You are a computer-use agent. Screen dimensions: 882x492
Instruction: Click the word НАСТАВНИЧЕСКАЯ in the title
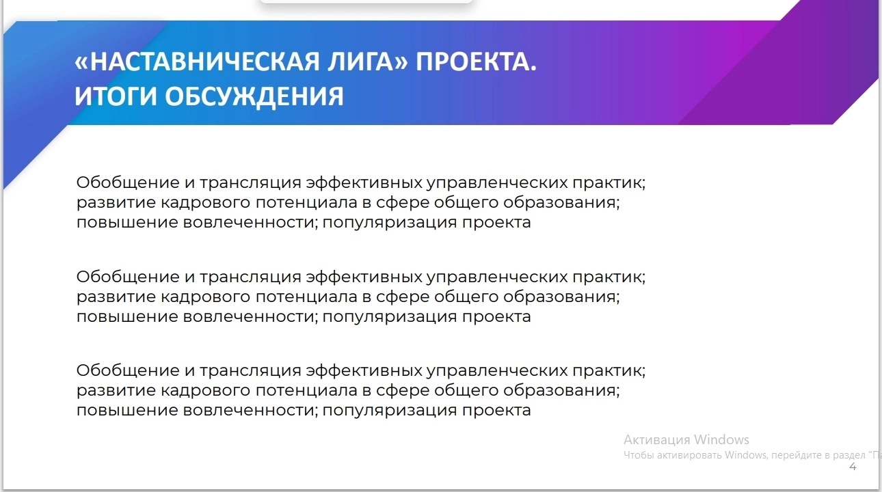(x=204, y=61)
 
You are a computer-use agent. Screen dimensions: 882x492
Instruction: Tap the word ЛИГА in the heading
(x=362, y=63)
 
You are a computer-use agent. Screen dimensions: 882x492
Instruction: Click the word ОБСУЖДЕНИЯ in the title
(x=254, y=97)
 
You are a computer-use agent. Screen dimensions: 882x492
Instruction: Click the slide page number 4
(x=853, y=467)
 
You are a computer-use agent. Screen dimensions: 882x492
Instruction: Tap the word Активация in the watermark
(x=657, y=439)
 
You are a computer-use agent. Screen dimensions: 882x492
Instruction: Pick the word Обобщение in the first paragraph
(x=128, y=182)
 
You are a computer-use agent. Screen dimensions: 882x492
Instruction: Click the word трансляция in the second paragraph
(x=250, y=277)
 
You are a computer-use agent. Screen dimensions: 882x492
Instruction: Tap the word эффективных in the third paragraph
(x=364, y=371)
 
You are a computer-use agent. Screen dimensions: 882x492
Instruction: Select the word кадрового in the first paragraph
(x=206, y=203)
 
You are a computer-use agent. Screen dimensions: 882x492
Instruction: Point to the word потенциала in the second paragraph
(x=306, y=297)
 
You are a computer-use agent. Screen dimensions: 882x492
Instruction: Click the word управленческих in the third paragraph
(x=497, y=371)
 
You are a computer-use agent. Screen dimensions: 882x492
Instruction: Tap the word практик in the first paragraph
(x=609, y=183)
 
